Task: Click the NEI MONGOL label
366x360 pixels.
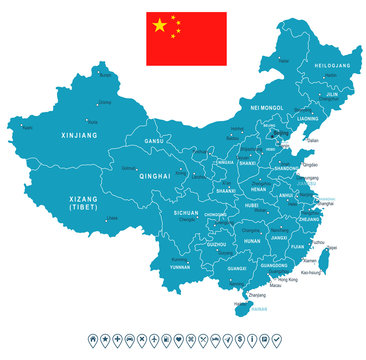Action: point(267,107)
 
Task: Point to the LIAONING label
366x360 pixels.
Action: point(308,118)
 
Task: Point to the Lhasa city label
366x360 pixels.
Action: point(111,217)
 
